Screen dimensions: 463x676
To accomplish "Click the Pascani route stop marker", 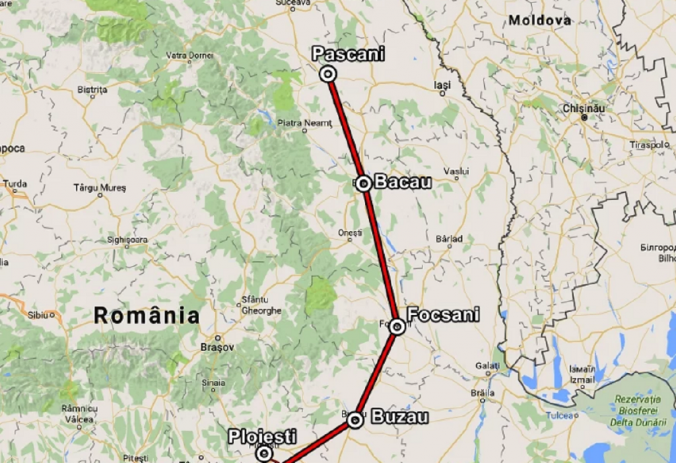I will [x=327, y=74].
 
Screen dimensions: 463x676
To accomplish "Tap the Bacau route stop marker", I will [x=363, y=184].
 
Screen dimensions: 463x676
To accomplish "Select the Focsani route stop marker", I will [x=397, y=326].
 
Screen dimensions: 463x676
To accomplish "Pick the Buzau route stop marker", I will [x=355, y=420].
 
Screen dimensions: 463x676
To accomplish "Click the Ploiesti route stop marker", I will [x=264, y=453].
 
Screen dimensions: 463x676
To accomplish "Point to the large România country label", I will [x=146, y=316].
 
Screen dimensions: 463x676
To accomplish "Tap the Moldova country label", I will [x=539, y=20].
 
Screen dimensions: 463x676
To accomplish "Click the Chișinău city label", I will [x=584, y=108].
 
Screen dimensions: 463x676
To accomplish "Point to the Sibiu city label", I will [x=38, y=314].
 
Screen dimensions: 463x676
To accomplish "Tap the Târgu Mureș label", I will [x=99, y=188].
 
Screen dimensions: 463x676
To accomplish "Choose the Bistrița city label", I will [x=92, y=89].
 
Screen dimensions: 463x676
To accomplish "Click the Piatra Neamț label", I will [x=303, y=122].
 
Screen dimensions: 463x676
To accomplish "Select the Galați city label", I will [x=488, y=366].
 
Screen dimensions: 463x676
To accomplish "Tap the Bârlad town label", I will [x=449, y=238].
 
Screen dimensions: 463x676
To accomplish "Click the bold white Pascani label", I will [x=348, y=54].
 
